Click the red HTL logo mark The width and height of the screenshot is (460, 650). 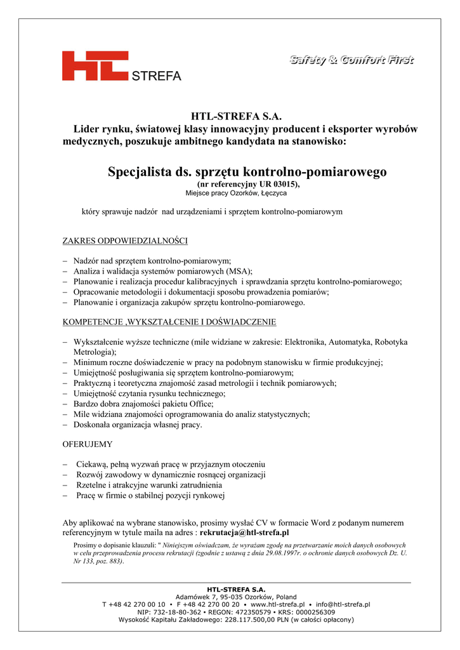coord(95,66)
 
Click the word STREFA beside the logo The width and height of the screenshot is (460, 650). coord(156,76)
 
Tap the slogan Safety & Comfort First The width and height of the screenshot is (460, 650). coord(352,60)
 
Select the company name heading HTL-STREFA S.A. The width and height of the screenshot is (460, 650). coord(236,117)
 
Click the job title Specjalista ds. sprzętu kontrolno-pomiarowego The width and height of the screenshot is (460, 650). coord(247,171)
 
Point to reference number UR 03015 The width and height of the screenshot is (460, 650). coord(274,183)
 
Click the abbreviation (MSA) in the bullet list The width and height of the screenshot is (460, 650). coord(240,271)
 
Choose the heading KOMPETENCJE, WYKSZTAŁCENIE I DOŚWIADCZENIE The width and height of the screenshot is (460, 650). coord(169,322)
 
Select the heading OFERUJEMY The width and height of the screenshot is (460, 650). coord(88,444)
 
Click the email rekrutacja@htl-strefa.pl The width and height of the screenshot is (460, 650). coord(244,533)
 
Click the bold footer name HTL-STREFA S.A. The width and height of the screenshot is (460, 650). coord(236,590)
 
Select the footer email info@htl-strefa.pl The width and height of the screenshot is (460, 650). coord(343,605)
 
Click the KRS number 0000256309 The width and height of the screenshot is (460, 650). coord(310,613)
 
